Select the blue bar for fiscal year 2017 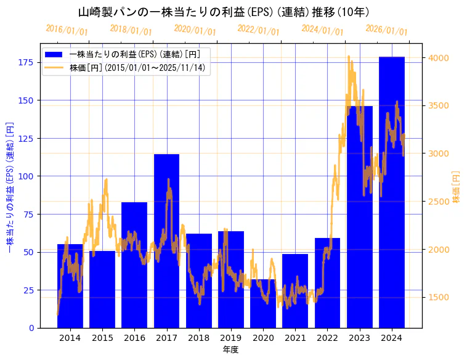[x=166, y=240]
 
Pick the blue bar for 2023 [x=359, y=216]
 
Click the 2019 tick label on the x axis [x=231, y=338]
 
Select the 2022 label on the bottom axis [x=327, y=338]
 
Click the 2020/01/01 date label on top [x=195, y=30]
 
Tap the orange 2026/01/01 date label [x=386, y=30]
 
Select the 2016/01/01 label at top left [x=67, y=30]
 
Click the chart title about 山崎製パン [x=224, y=12]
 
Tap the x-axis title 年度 [x=230, y=350]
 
